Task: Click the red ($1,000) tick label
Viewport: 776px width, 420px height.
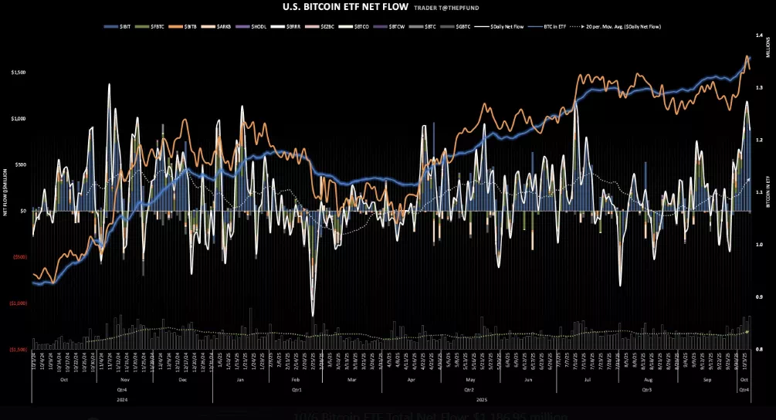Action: tap(18, 303)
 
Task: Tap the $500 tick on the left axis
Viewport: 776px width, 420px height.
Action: tap(20, 164)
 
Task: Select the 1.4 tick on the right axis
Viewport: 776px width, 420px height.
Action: tap(759, 36)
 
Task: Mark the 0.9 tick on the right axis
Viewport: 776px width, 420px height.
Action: tap(759, 297)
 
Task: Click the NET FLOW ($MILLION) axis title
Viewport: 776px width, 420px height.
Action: tap(5, 190)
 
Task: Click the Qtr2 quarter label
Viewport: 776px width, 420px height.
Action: tap(469, 391)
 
